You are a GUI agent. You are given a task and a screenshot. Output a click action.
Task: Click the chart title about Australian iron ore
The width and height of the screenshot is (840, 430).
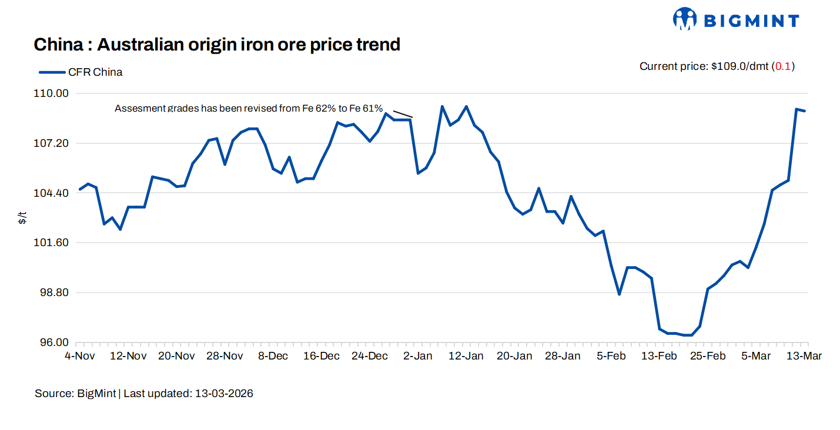217,44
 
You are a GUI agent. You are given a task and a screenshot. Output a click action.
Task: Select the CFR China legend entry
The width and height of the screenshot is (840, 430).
81,72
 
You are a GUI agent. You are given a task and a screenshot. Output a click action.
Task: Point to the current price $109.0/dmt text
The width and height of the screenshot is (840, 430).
704,66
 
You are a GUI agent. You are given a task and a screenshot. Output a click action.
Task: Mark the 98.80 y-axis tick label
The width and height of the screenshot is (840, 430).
54,293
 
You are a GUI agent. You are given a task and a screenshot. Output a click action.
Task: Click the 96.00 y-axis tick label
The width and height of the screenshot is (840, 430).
54,342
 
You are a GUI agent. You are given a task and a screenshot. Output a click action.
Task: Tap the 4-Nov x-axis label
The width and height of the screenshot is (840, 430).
79,357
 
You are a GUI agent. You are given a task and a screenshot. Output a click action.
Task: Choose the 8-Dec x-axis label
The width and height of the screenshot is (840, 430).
273,357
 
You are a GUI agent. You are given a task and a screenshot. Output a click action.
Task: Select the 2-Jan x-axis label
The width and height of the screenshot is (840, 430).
419,357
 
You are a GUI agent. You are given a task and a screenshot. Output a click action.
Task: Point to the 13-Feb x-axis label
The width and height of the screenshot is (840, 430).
659,357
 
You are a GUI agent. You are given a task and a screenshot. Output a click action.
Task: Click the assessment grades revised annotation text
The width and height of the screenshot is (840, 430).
249,109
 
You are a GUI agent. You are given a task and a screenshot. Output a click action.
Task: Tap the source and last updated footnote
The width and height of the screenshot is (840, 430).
144,394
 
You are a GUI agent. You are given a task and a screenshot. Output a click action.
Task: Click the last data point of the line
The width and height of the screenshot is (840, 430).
805,111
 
